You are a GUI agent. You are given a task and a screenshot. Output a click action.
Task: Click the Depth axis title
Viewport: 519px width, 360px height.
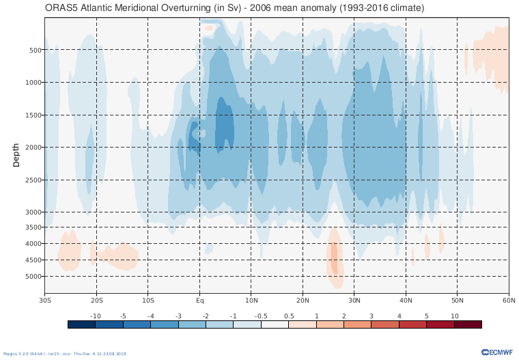point(16,155)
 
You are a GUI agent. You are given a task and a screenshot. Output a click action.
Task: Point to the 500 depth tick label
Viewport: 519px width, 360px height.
point(36,50)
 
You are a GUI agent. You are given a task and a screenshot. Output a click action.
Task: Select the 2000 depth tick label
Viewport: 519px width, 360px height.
point(34,148)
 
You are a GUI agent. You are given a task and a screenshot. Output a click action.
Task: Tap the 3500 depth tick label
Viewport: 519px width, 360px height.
point(34,227)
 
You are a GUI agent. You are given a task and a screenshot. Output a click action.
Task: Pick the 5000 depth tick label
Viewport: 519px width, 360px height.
point(34,277)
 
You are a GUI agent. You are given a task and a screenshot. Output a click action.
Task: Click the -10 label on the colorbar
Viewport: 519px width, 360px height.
point(96,316)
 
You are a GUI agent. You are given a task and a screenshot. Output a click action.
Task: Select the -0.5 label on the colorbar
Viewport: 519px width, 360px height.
point(261,316)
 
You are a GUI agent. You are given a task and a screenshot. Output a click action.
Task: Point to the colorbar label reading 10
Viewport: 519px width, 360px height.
point(454,316)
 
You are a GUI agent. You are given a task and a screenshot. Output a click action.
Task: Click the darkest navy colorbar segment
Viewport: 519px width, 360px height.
point(81,324)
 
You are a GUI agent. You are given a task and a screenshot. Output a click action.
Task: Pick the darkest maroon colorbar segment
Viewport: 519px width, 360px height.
point(468,324)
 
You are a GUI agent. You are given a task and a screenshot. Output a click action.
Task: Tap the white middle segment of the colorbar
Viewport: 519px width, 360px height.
point(275,324)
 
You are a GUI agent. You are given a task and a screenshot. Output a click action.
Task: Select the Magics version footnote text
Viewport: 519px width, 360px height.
point(65,354)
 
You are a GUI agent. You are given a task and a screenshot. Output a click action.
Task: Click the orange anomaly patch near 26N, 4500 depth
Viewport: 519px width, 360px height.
point(335,256)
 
